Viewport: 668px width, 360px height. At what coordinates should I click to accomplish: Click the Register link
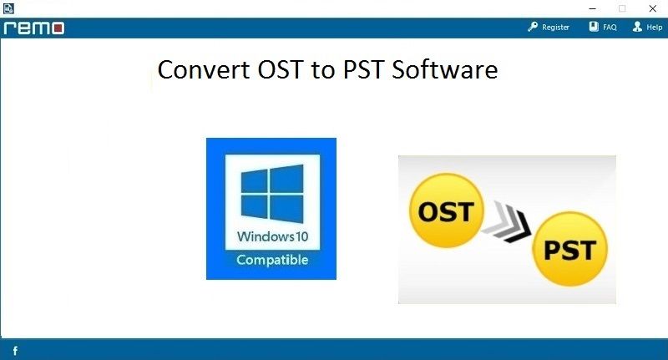(555, 28)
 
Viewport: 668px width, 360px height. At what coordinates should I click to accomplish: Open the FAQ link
(610, 28)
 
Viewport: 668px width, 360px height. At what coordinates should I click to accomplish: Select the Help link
(655, 28)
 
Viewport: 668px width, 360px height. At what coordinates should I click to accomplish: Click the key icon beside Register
(533, 27)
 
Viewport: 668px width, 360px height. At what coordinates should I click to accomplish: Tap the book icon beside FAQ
(594, 27)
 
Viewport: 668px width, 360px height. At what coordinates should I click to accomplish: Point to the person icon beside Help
(637, 27)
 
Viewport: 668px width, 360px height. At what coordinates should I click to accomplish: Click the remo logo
(34, 28)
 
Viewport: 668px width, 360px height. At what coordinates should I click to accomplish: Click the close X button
(652, 8)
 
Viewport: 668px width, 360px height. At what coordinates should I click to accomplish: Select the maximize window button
(622, 8)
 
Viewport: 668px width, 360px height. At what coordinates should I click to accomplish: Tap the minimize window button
(592, 8)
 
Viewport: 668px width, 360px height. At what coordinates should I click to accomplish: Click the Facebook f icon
(15, 351)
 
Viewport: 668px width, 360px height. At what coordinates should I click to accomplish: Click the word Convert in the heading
(204, 69)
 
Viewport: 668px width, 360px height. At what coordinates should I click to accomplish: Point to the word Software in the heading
(445, 69)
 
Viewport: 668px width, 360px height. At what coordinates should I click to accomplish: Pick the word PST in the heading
(363, 69)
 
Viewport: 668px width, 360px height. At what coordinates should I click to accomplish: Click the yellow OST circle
(446, 210)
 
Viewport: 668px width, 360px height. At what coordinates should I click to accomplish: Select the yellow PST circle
(570, 249)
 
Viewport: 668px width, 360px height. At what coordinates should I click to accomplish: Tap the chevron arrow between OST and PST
(507, 221)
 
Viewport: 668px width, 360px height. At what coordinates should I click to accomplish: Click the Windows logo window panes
(272, 194)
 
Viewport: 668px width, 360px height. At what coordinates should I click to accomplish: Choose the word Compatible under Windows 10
(272, 260)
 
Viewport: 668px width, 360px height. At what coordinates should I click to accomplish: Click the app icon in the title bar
(8, 8)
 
